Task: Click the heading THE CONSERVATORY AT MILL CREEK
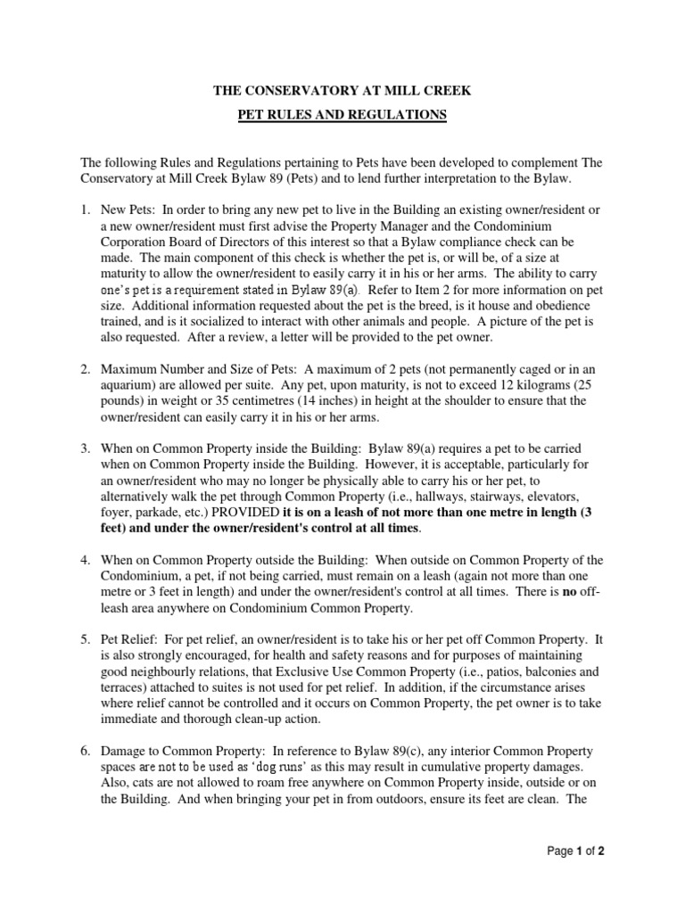point(342,91)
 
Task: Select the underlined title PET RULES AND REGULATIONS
point(342,115)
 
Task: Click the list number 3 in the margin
point(86,448)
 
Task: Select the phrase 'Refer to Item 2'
point(406,290)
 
